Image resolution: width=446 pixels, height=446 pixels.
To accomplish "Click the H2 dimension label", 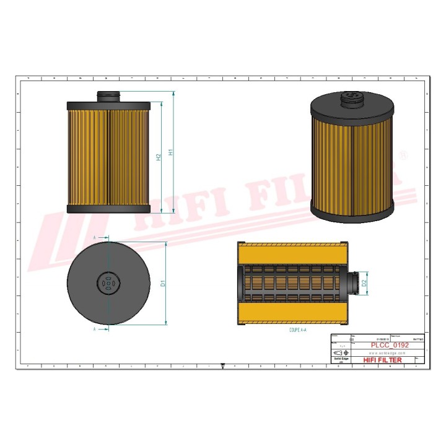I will (x=159, y=157).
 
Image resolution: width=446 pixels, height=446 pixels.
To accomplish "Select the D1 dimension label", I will (x=163, y=283).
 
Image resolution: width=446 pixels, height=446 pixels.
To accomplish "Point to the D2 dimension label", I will (x=365, y=283).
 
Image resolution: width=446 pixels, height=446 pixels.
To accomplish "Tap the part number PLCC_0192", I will (x=389, y=345).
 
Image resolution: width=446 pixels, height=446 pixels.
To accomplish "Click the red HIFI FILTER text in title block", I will (x=382, y=360).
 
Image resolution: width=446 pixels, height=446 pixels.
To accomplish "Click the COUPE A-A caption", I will (x=299, y=331).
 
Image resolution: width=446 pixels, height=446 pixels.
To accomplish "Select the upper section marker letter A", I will (x=94, y=237).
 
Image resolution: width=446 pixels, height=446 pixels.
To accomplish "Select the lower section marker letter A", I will (x=94, y=330).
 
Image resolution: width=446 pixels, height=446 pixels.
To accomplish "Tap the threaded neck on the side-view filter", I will (x=108, y=96).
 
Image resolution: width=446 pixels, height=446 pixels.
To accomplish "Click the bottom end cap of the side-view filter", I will (x=108, y=210).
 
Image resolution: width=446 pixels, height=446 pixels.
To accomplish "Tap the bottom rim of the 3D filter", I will (x=351, y=214).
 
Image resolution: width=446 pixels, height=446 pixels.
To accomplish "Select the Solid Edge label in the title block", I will (x=341, y=359).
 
